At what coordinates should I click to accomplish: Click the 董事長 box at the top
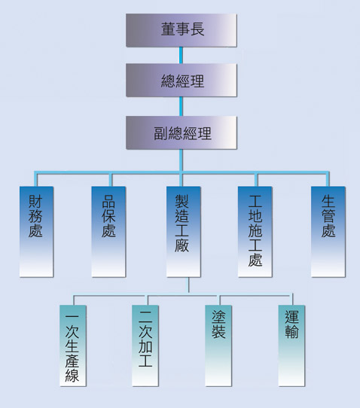[182, 30]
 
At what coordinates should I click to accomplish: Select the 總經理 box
[182, 80]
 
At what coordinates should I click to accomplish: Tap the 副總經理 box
[182, 132]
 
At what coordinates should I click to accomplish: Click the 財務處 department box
[36, 232]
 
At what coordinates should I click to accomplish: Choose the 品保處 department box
[108, 232]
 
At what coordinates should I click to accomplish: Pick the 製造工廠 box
[183, 232]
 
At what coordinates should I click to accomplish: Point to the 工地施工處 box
[255, 232]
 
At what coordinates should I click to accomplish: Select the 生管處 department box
[328, 232]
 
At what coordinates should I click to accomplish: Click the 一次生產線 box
[72, 346]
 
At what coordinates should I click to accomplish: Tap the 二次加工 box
[145, 346]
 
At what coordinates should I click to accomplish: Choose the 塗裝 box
[218, 346]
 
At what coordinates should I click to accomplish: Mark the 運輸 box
[291, 346]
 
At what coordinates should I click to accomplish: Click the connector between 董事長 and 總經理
[181, 56]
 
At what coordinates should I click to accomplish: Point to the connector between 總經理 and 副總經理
[181, 106]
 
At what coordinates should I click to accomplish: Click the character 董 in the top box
[168, 29]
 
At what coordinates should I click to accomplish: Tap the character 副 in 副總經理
[160, 133]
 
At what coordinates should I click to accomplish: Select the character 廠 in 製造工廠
[182, 245]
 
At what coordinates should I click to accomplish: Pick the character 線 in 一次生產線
[72, 376]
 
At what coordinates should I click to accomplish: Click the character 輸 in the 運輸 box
[291, 331]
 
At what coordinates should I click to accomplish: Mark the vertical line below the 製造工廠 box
[188, 285]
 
